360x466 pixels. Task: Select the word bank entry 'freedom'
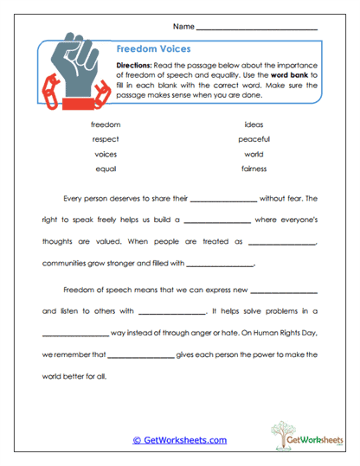tap(106, 124)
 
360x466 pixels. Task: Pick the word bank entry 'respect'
tap(106, 139)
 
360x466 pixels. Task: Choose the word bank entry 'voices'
tap(106, 154)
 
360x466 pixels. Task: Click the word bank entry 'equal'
tap(106, 169)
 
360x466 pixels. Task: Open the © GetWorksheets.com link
tap(179, 440)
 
